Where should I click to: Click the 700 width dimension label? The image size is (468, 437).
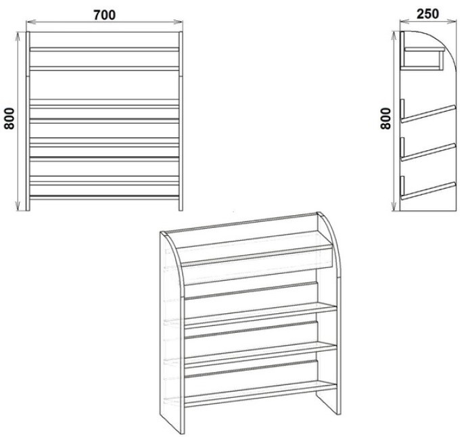click(x=104, y=15)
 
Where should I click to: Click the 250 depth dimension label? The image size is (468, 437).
click(x=427, y=14)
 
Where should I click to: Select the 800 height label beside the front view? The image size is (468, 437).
click(x=9, y=118)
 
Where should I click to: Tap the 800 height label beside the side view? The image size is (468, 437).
click(x=385, y=118)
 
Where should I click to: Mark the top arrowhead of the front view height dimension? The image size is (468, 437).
click(x=18, y=37)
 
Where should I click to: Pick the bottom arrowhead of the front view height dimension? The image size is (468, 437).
click(x=18, y=206)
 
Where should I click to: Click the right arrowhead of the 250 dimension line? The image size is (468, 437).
click(x=452, y=21)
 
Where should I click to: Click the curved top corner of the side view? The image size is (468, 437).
click(x=445, y=42)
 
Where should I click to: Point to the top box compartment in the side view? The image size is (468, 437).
click(x=422, y=58)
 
